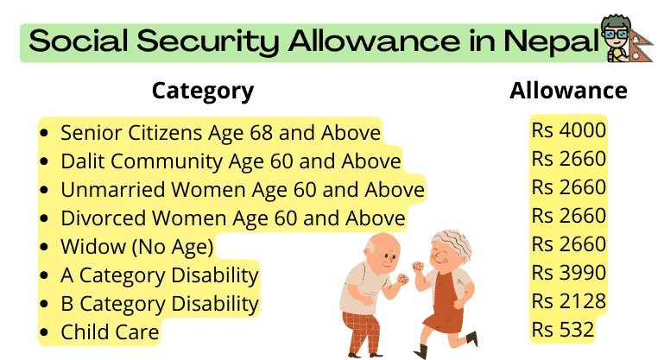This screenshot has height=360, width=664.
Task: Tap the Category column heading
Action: pyautogui.click(x=203, y=91)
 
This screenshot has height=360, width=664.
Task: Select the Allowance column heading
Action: pyautogui.click(x=568, y=91)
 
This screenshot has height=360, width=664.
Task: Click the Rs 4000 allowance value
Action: pyautogui.click(x=569, y=130)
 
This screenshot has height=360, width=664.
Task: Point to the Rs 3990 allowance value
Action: pyautogui.click(x=569, y=273)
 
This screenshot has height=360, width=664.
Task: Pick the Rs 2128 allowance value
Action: pyautogui.click(x=569, y=301)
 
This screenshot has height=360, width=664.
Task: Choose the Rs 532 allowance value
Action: pyautogui.click(x=563, y=330)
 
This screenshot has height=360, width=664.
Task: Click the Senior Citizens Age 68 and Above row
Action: pyautogui.click(x=220, y=132)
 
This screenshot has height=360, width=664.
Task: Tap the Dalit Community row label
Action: pyautogui.click(x=231, y=161)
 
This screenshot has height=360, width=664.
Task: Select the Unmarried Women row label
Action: pyautogui.click(x=242, y=189)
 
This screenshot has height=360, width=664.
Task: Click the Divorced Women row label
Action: pyautogui.click(x=232, y=218)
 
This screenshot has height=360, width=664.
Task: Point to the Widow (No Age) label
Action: pyautogui.click(x=136, y=246)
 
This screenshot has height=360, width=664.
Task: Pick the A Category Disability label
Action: pyautogui.click(x=159, y=275)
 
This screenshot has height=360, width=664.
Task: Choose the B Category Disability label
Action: pyautogui.click(x=159, y=303)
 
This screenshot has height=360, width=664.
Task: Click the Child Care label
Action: pyautogui.click(x=110, y=332)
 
